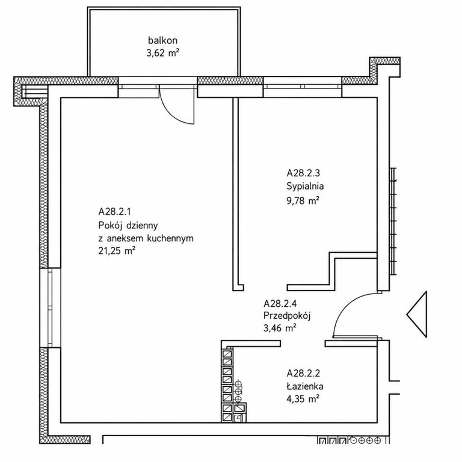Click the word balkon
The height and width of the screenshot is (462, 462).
tap(162, 40)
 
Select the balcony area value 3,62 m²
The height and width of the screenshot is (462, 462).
tap(163, 53)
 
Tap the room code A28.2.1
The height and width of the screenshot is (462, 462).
tap(115, 212)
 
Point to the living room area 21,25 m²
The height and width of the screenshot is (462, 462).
tap(117, 251)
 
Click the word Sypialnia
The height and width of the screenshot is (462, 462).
tap(305, 186)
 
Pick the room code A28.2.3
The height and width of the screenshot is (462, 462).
tap(303, 173)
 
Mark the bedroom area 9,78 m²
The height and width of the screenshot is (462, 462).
tap(303, 201)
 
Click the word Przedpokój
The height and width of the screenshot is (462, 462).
tap(287, 316)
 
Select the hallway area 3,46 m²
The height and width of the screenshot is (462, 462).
tap(280, 328)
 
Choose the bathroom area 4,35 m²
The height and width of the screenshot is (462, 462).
tap(303, 399)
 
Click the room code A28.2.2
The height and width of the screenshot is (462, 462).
tap(303, 374)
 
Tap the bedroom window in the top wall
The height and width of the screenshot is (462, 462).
tap(303, 87)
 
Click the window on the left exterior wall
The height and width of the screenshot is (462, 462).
tap(50, 307)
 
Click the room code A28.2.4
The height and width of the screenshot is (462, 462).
tap(280, 303)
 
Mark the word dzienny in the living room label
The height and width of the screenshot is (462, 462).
tap(142, 226)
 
